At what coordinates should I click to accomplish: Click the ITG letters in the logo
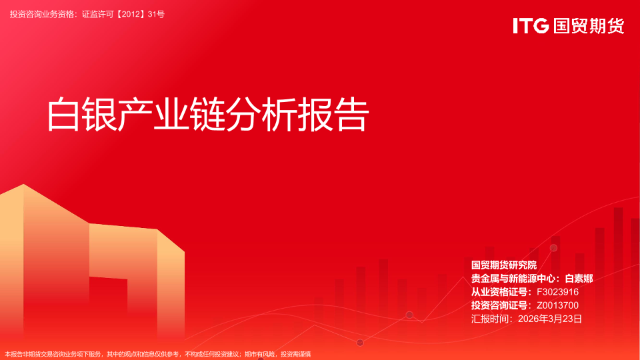(x=531, y=26)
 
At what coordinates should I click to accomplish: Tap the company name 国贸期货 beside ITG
(x=589, y=26)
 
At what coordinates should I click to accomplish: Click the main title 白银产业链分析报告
(x=208, y=115)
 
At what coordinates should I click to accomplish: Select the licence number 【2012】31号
(x=141, y=14)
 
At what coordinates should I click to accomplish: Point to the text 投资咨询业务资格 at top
(x=42, y=14)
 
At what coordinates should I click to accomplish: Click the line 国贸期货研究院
(x=504, y=265)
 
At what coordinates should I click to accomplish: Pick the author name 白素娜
(x=579, y=279)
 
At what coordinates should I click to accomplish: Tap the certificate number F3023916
(x=557, y=292)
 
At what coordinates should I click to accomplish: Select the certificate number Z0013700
(x=557, y=305)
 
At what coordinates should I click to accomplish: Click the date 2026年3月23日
(x=550, y=319)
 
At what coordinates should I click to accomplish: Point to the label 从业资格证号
(x=499, y=292)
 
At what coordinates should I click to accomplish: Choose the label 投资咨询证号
(x=499, y=305)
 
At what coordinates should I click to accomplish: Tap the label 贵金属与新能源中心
(x=513, y=279)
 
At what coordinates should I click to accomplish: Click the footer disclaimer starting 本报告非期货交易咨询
(x=158, y=354)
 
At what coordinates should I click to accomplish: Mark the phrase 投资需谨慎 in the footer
(x=296, y=354)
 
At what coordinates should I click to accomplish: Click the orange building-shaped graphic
(x=92, y=265)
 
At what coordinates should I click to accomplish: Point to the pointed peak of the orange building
(x=24, y=185)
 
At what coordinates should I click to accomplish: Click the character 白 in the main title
(x=63, y=115)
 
